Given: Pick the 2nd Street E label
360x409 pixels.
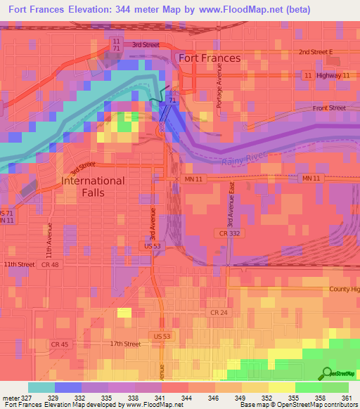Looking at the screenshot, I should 319,52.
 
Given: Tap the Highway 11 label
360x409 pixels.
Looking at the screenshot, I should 333,74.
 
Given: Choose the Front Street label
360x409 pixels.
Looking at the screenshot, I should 329,108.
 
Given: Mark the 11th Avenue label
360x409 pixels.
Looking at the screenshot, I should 50,239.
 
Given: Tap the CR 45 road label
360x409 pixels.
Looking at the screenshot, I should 60,343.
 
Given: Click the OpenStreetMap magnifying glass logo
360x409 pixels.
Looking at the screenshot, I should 328,373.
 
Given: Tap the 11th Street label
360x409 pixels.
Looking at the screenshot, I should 18,264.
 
